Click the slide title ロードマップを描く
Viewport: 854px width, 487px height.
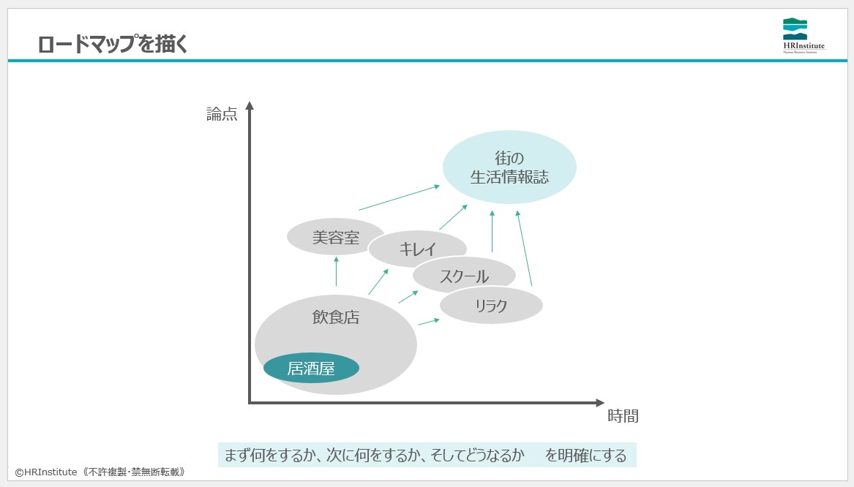[x=113, y=44]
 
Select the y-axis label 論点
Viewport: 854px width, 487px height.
[x=222, y=114]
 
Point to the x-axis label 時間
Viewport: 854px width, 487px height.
[x=623, y=417]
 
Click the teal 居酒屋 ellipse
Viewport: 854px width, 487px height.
[x=311, y=369]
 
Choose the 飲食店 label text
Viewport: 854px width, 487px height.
[x=336, y=317]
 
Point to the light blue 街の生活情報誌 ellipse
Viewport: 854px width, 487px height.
[x=509, y=167]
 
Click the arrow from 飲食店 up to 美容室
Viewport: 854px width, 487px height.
[x=336, y=271]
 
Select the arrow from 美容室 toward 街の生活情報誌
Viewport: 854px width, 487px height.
[x=399, y=197]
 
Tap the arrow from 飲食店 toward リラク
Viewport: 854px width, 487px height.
[x=429, y=322]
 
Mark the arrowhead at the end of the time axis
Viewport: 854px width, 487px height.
[x=600, y=402]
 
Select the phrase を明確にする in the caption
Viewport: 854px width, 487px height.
[x=585, y=456]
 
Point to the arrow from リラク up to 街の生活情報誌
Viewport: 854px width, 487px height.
[x=524, y=248]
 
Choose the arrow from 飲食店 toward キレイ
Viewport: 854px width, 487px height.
[x=378, y=282]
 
